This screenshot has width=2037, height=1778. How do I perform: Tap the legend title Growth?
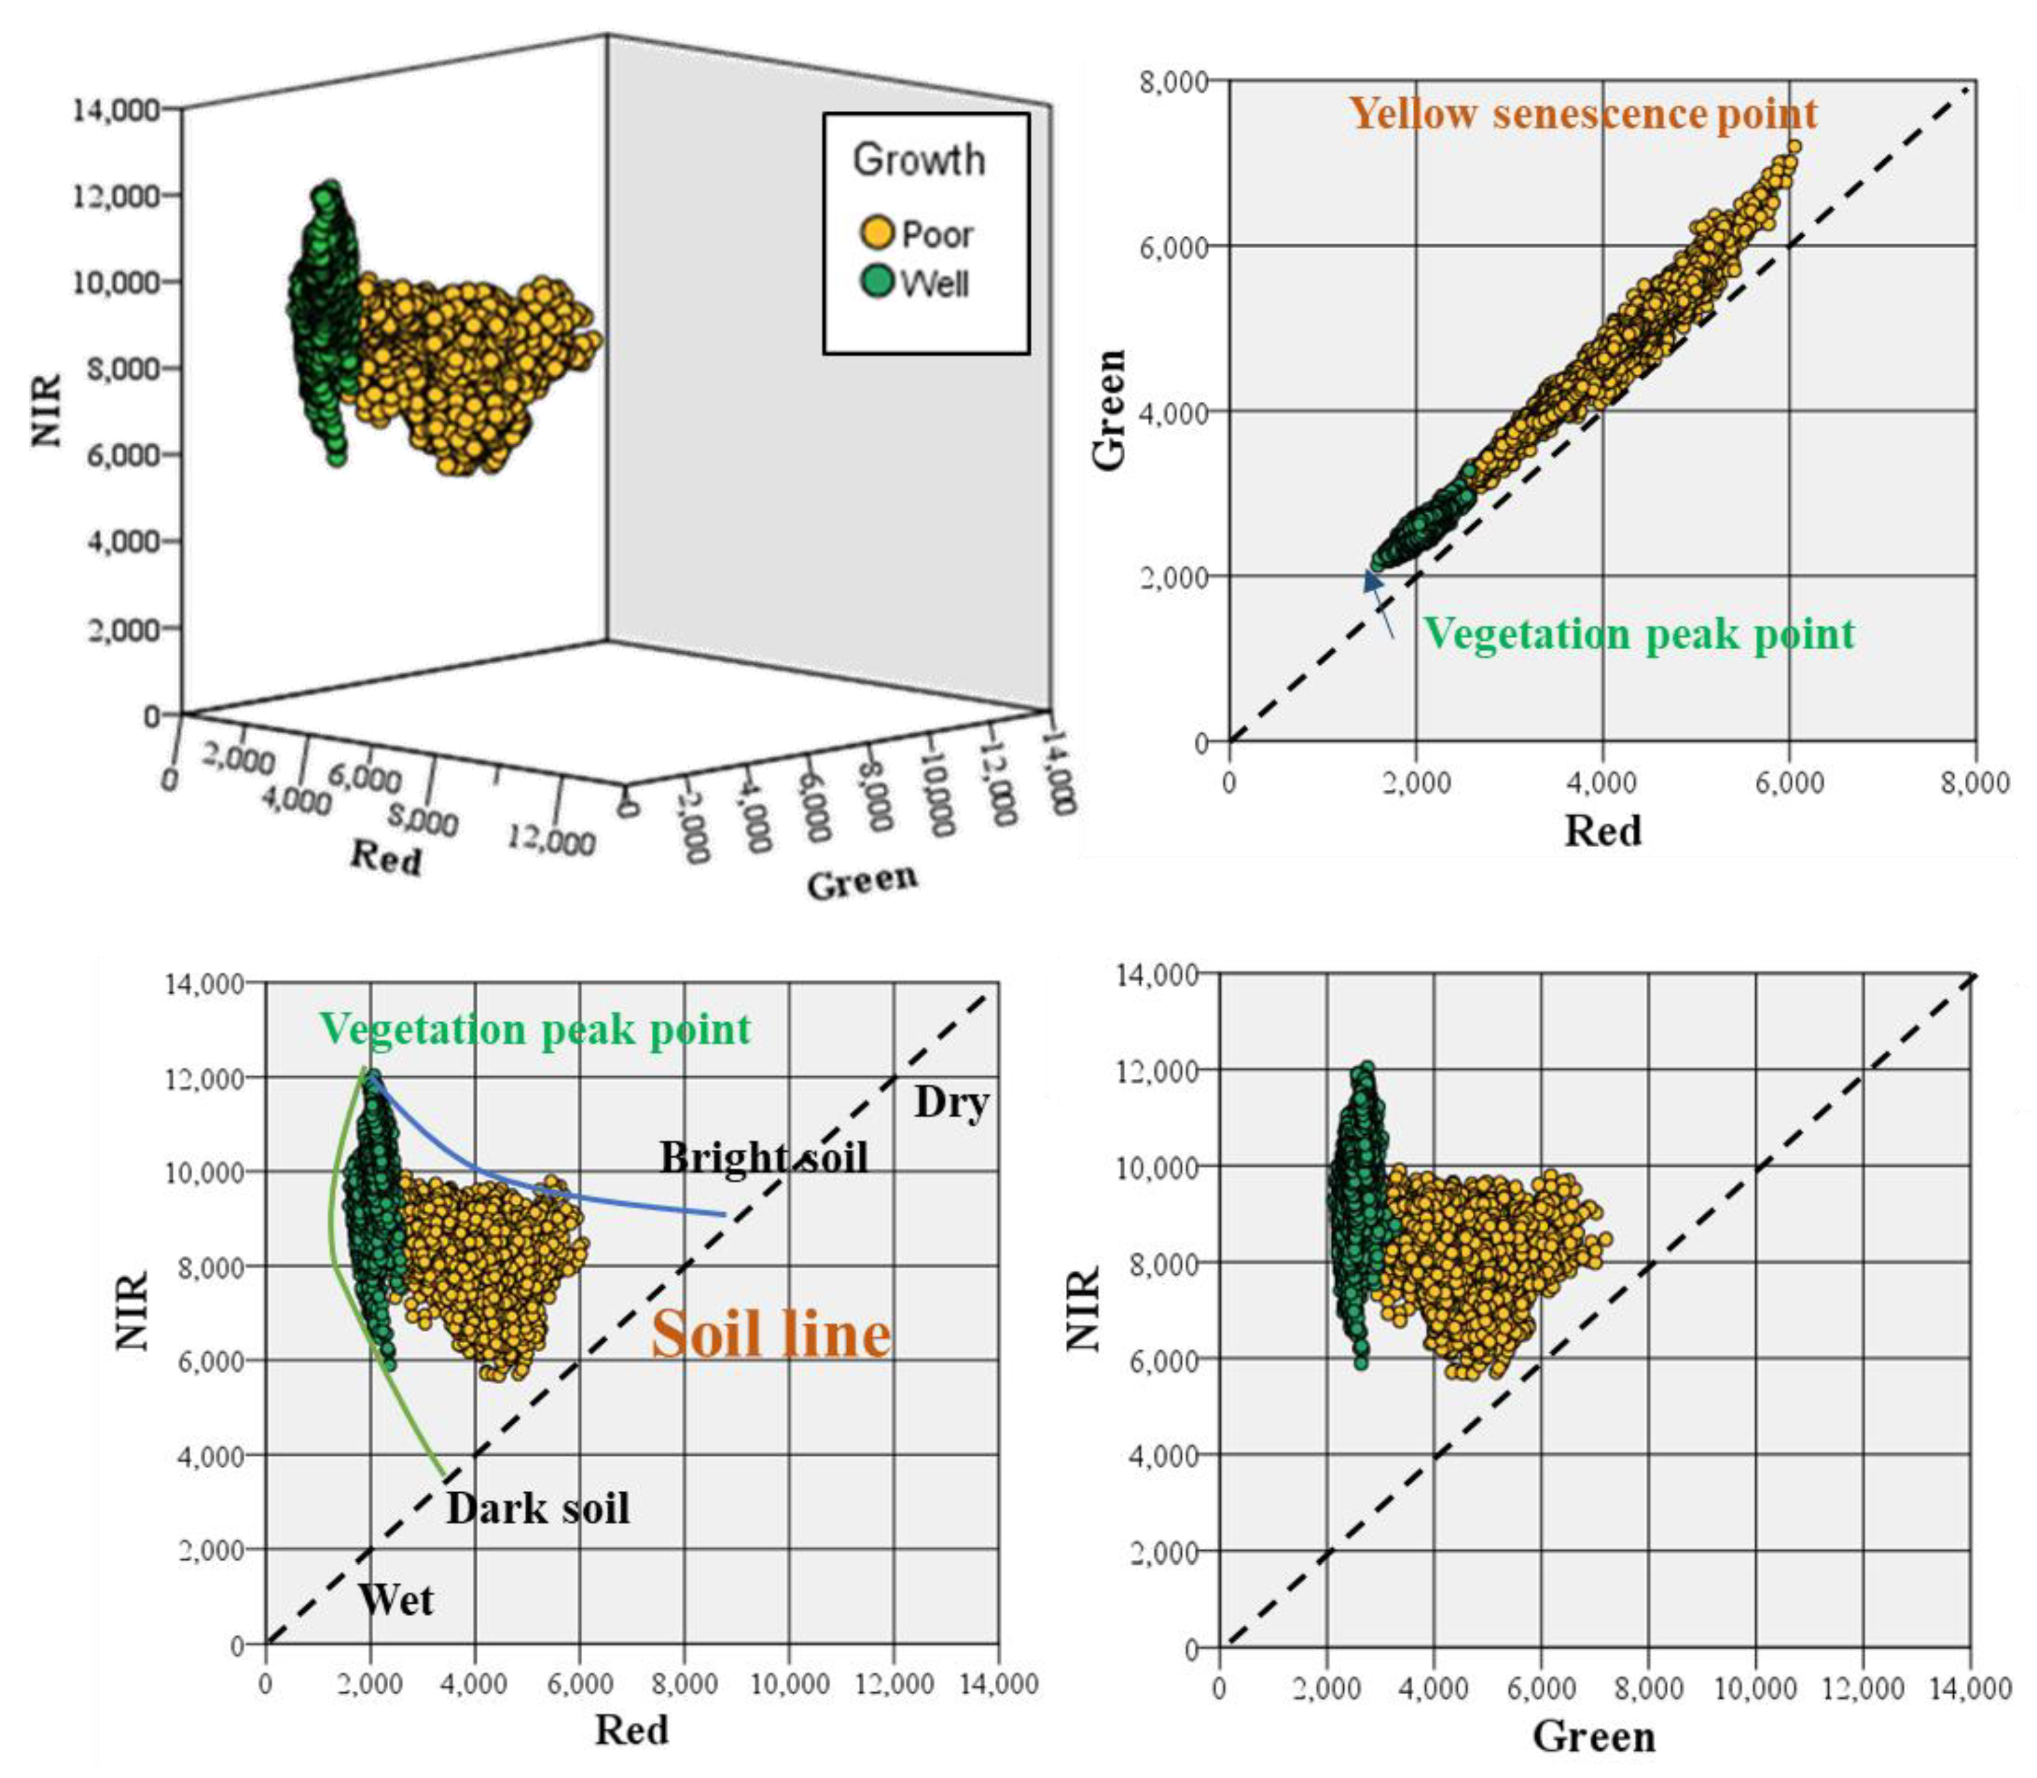(919, 160)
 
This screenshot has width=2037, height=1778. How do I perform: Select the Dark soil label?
(538, 1509)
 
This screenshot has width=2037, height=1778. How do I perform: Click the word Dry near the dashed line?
(951, 1102)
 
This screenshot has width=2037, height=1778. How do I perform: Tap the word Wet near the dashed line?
(396, 1601)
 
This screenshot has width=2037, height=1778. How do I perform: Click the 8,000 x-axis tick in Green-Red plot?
(1975, 783)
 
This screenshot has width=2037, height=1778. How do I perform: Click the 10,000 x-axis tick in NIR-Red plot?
(789, 1684)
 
